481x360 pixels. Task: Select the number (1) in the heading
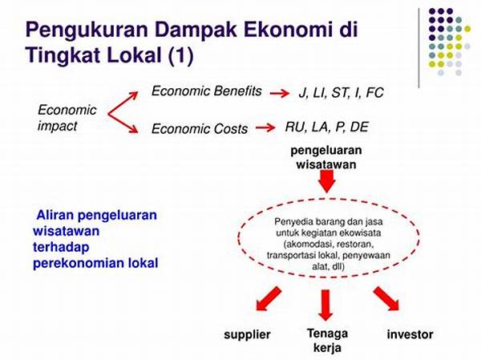point(180,55)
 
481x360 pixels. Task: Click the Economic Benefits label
point(207,91)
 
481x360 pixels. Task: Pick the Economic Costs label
point(200,128)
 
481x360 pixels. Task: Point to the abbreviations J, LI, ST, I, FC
point(342,93)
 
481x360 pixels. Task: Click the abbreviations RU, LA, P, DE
point(327,127)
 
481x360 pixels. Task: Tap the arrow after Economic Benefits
point(280,93)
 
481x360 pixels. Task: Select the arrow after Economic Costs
point(265,127)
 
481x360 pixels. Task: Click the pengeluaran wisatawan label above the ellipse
point(326,157)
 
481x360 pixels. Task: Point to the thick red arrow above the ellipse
point(326,181)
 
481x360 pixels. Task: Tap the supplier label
point(247,334)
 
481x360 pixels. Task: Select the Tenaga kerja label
point(327,341)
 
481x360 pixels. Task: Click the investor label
point(410,334)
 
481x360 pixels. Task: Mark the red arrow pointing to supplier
point(269,299)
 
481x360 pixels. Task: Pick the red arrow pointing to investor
point(386,298)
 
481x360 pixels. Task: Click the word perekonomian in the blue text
point(79,263)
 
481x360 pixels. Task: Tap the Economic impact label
point(67,118)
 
